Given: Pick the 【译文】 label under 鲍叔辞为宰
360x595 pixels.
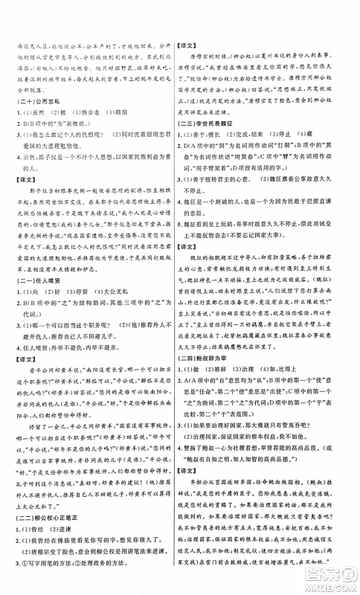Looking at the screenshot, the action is (x=194, y=471).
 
